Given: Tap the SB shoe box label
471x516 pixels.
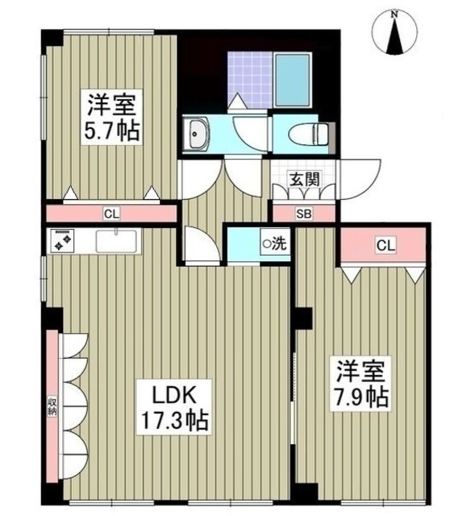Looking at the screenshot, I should pyautogui.click(x=303, y=214).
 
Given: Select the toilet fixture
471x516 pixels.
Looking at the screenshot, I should pyautogui.click(x=310, y=133).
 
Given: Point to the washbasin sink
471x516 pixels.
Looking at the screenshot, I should pyautogui.click(x=197, y=134).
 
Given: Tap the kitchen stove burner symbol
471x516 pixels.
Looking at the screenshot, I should pyautogui.click(x=62, y=240).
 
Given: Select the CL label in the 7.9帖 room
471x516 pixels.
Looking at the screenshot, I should pyautogui.click(x=384, y=245).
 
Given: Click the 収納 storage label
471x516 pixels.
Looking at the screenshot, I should pyautogui.click(x=52, y=406).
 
